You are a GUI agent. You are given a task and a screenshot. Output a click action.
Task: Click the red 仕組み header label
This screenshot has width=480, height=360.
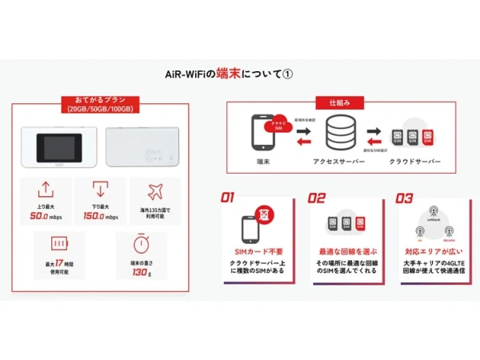(x=340, y=103)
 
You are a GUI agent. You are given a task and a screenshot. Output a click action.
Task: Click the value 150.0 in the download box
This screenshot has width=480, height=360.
(x=94, y=217)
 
